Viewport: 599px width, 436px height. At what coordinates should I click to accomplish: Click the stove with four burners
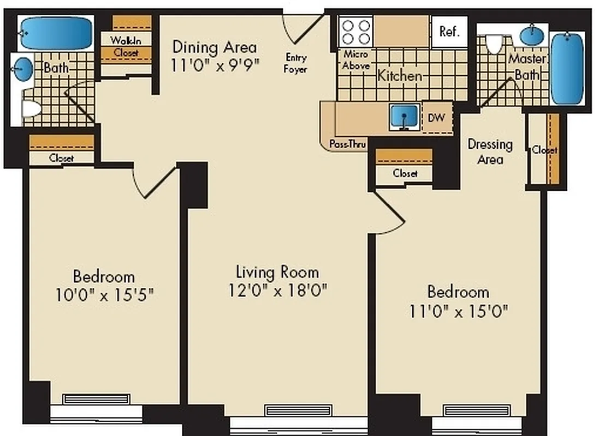(x=355, y=31)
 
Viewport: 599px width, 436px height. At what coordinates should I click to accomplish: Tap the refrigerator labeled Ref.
(x=450, y=31)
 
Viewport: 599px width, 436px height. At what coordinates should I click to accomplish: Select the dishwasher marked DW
(x=437, y=117)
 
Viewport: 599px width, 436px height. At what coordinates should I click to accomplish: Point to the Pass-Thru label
(x=347, y=144)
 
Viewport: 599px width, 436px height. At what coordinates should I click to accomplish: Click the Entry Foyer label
(x=295, y=63)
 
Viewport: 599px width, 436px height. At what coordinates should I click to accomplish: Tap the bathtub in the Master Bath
(x=567, y=68)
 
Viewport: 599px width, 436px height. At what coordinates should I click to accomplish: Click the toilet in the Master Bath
(x=495, y=44)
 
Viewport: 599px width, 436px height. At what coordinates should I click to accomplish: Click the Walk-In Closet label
(x=126, y=46)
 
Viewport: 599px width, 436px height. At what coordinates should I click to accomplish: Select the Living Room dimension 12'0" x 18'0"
(x=278, y=290)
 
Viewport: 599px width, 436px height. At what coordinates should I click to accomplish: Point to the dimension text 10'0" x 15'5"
(x=104, y=295)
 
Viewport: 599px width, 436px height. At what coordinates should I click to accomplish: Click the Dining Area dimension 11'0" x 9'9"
(x=215, y=65)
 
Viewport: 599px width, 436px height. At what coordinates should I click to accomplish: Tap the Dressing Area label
(x=490, y=152)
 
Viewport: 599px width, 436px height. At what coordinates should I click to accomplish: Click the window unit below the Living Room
(x=298, y=410)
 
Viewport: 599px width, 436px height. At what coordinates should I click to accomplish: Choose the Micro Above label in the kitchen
(x=356, y=60)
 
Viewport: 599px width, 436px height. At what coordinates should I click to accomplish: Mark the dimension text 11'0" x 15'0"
(x=459, y=311)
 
